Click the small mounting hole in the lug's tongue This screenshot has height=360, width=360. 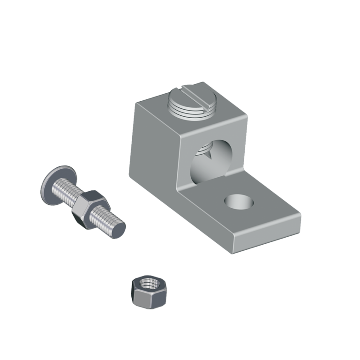click(x=239, y=202)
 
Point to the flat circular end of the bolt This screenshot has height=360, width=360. click(x=118, y=229)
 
